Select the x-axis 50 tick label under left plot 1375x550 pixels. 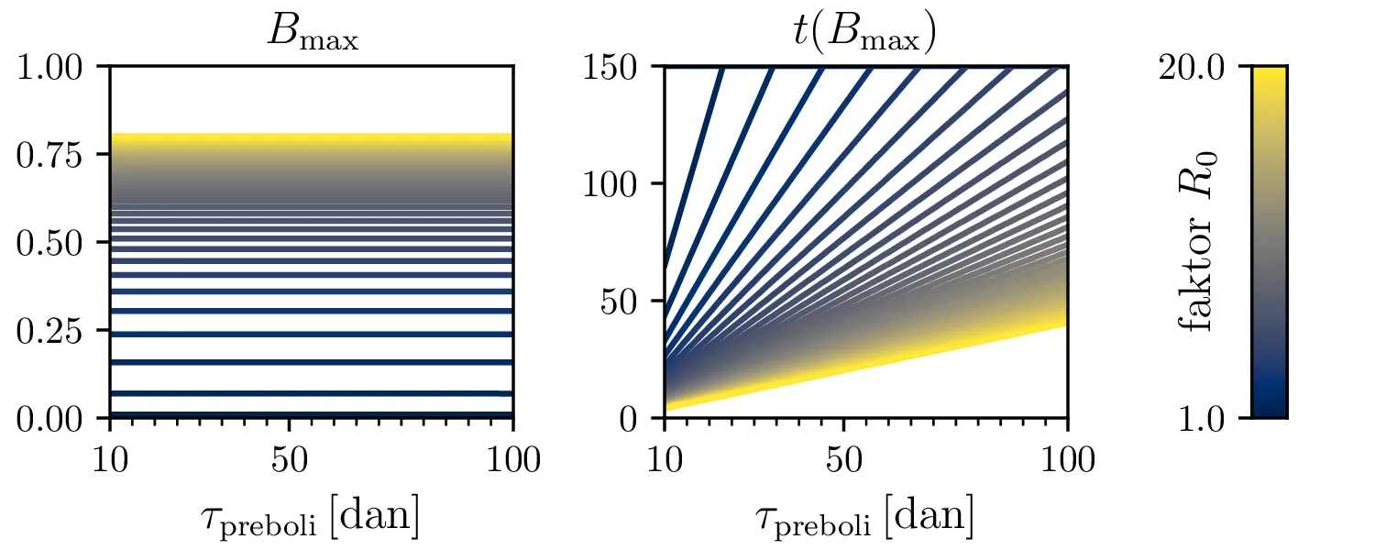pos(289,458)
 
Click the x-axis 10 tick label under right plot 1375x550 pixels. pos(664,458)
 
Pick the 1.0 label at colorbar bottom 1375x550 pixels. pos(1201,418)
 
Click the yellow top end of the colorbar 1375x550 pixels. pos(1270,73)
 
